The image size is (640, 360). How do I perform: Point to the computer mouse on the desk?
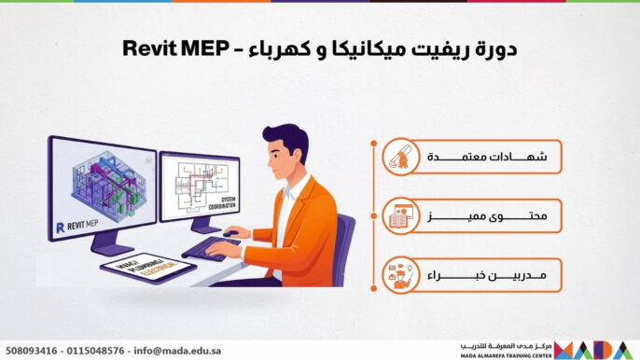(230, 233)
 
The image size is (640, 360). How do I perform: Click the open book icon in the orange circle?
(402, 217)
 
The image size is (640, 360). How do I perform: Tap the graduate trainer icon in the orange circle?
(402, 276)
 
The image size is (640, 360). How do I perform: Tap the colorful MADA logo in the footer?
(596, 350)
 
